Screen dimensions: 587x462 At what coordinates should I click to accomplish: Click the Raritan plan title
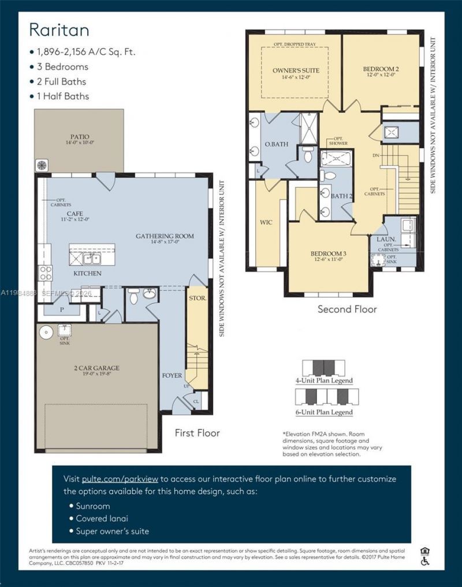point(59,29)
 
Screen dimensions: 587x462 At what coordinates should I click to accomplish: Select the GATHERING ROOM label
point(165,236)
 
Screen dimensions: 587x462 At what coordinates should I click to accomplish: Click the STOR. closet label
point(197,298)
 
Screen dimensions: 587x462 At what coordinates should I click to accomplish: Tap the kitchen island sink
point(90,258)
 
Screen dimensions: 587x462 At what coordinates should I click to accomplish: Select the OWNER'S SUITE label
point(296,70)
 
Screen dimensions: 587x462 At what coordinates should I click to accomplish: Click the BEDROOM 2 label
point(381,70)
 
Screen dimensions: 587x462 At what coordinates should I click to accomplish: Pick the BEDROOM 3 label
point(328,254)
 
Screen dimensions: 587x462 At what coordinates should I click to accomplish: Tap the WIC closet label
point(266,222)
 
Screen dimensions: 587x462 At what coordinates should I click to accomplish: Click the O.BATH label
point(276,144)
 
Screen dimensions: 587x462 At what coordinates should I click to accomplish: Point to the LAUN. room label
point(386,238)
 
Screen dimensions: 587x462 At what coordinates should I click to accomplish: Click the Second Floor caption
point(347,309)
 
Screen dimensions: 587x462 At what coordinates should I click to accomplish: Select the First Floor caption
point(197,432)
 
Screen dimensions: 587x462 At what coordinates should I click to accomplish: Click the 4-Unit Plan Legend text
point(324,381)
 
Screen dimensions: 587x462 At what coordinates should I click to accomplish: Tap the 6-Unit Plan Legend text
point(324,412)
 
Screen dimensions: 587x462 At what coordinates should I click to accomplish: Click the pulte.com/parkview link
point(120,479)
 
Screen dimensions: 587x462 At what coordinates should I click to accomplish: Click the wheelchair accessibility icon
point(426,560)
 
